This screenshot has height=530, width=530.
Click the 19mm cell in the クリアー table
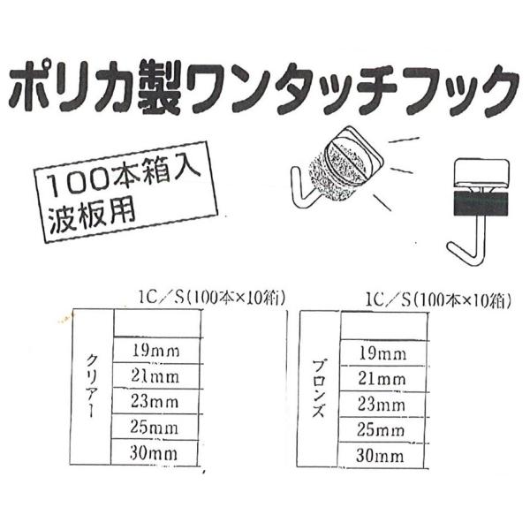(x=155, y=352)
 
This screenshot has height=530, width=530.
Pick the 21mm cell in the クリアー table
(x=155, y=377)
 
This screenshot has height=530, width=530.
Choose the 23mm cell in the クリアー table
(x=155, y=402)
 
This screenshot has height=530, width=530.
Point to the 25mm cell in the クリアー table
(x=155, y=428)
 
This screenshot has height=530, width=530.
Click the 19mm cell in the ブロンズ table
(x=380, y=354)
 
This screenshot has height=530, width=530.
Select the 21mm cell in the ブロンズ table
(x=380, y=380)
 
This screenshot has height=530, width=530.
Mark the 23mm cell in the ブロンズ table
(x=380, y=405)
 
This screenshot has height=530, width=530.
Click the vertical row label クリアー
(x=93, y=387)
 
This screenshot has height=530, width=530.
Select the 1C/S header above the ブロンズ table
(x=434, y=300)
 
